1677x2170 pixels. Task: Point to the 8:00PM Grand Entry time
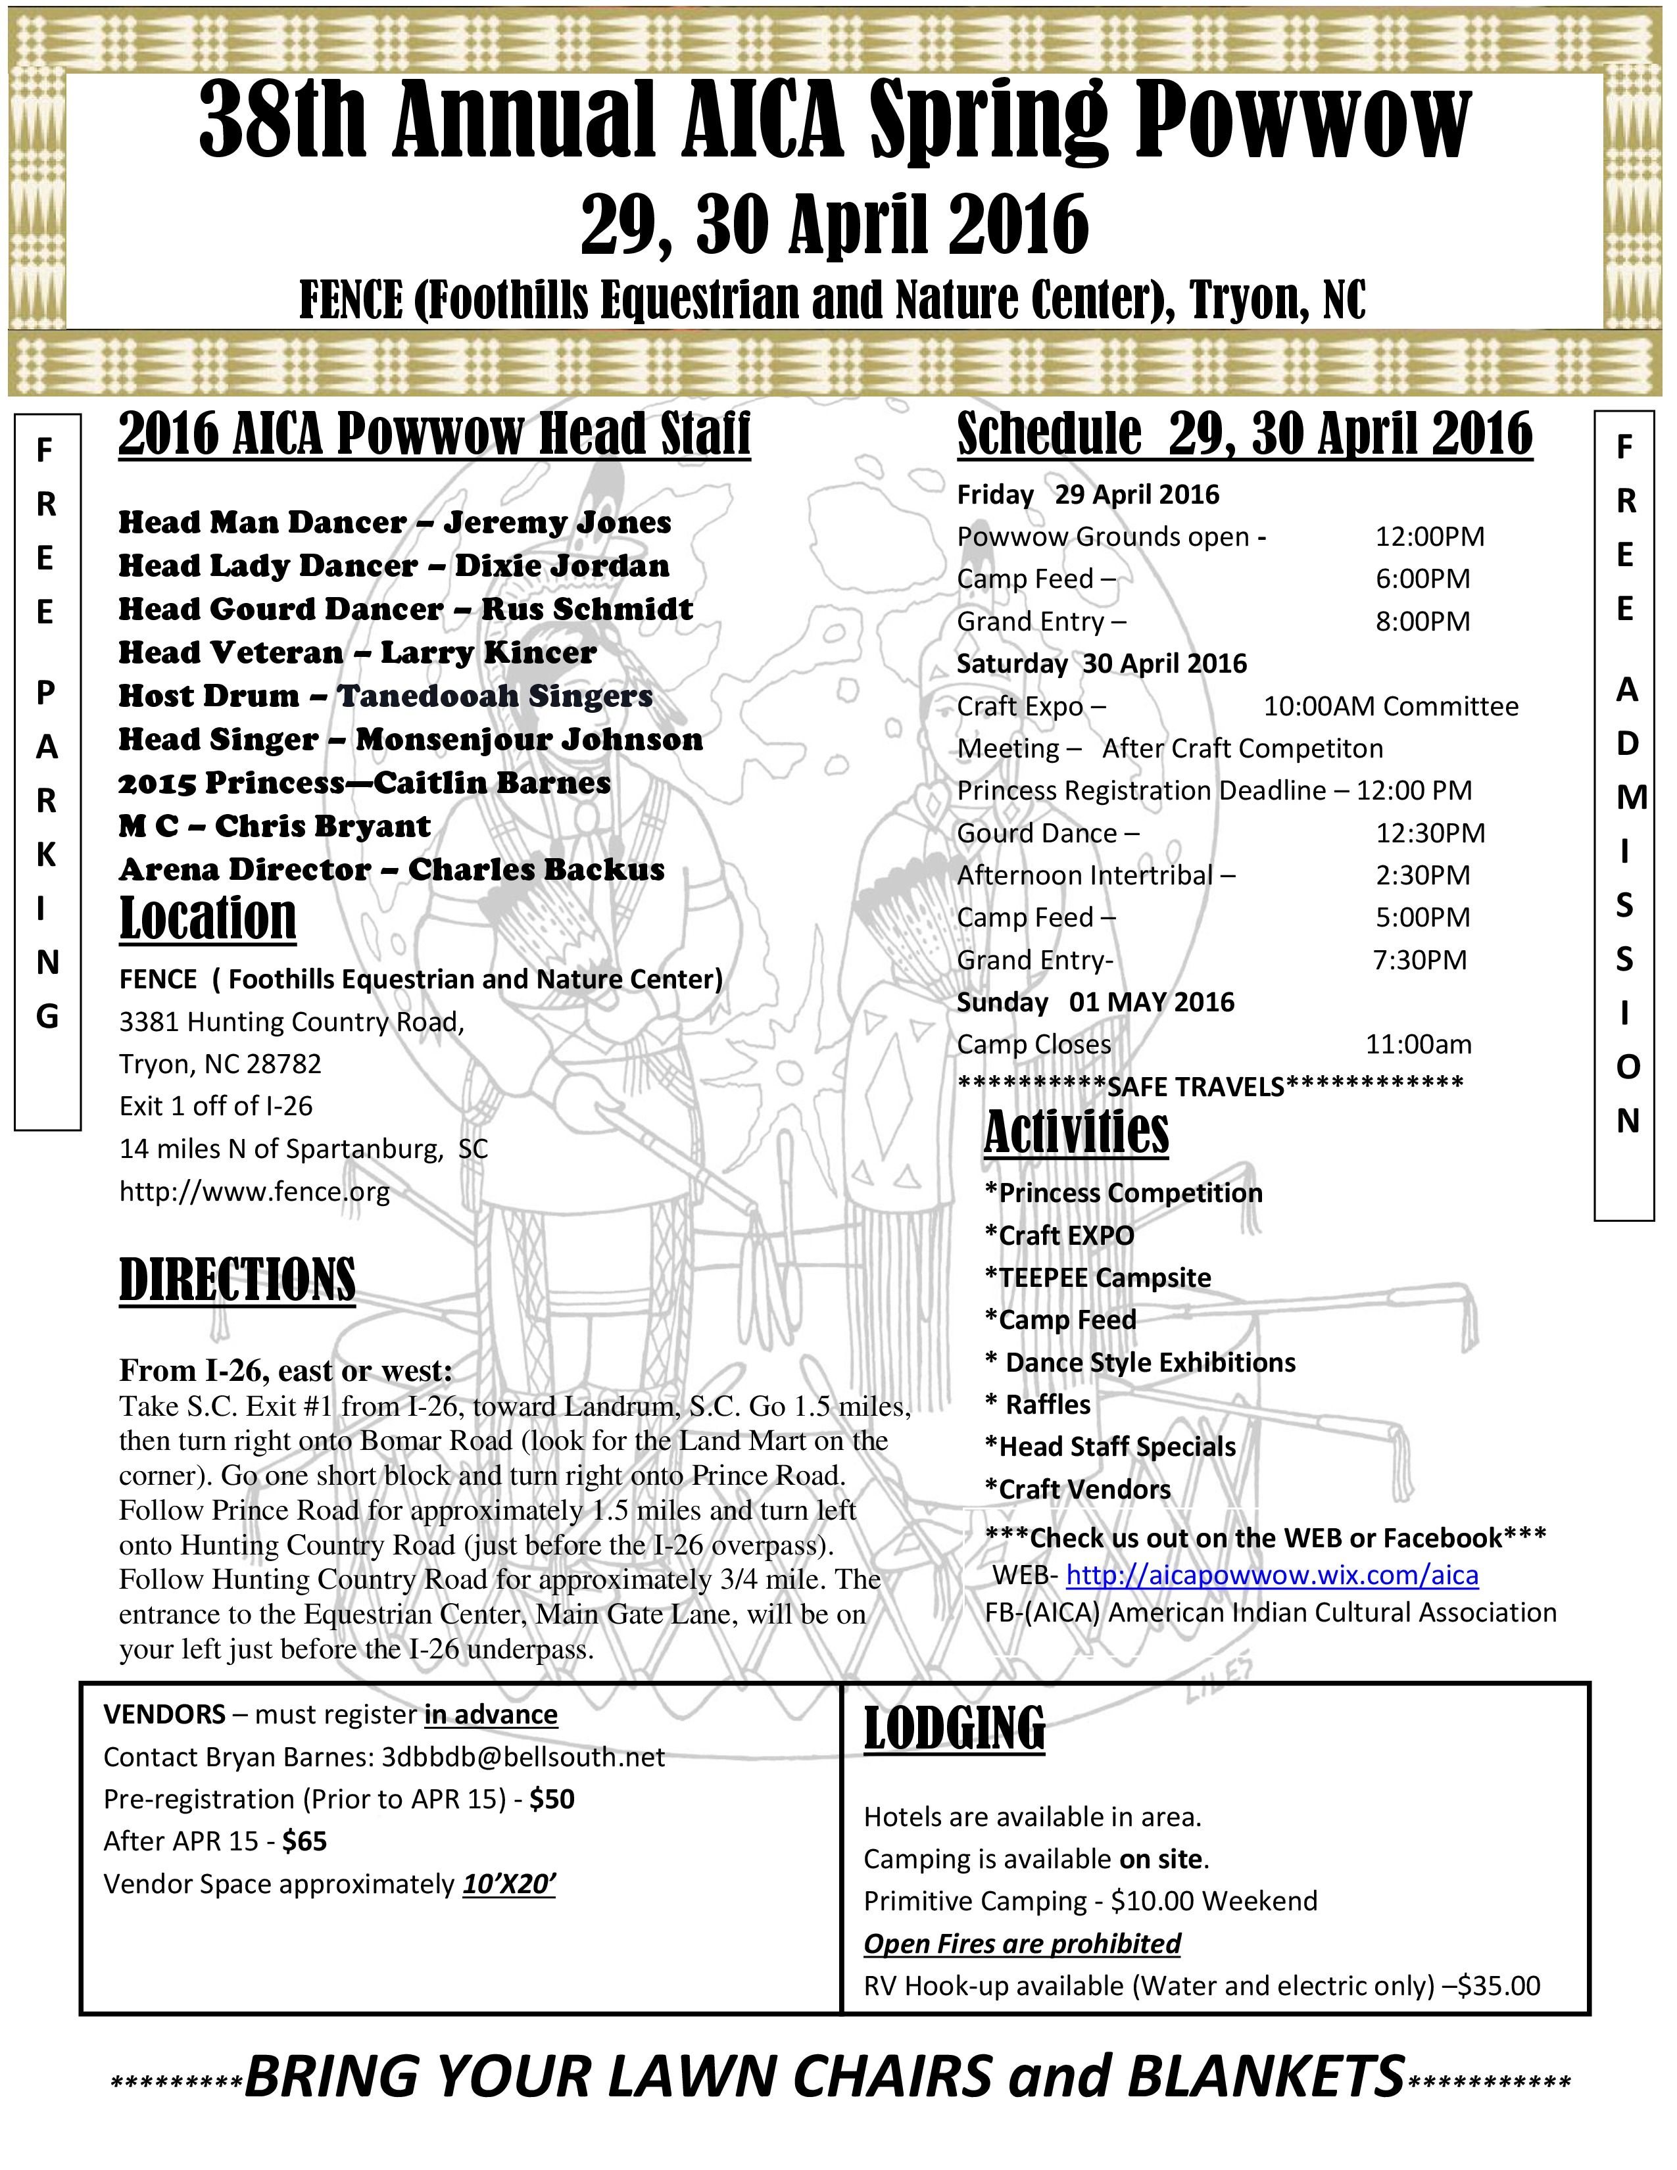coord(1422,622)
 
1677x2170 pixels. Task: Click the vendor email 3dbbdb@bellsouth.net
coord(523,1758)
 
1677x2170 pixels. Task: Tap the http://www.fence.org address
coord(255,1192)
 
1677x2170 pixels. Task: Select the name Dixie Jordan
coord(562,566)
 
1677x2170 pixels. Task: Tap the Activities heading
coord(1076,1133)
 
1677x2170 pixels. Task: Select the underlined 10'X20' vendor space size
coord(508,1885)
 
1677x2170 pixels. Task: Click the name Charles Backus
coord(537,871)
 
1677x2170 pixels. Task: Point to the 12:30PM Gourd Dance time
coord(1430,834)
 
